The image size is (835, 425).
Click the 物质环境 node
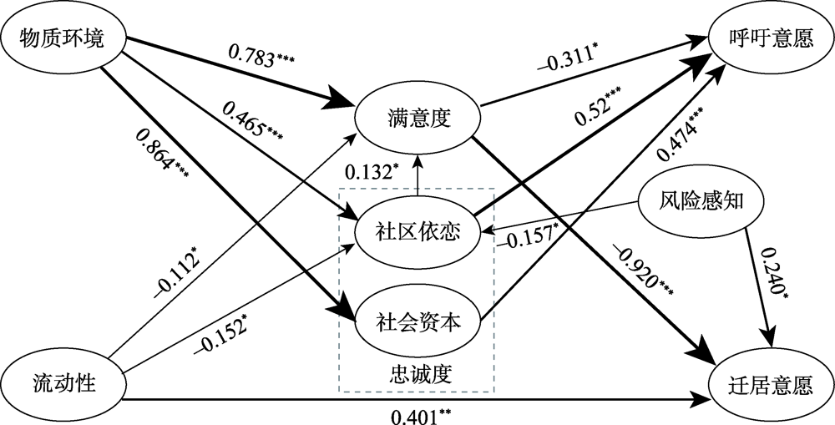click(x=63, y=39)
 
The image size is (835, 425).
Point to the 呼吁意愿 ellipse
click(x=771, y=39)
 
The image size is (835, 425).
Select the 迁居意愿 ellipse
click(x=771, y=385)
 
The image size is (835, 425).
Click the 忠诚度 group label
click(x=420, y=372)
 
